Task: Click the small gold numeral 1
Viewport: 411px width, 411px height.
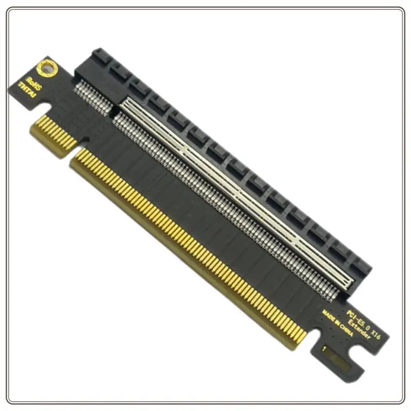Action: click(324, 349)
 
